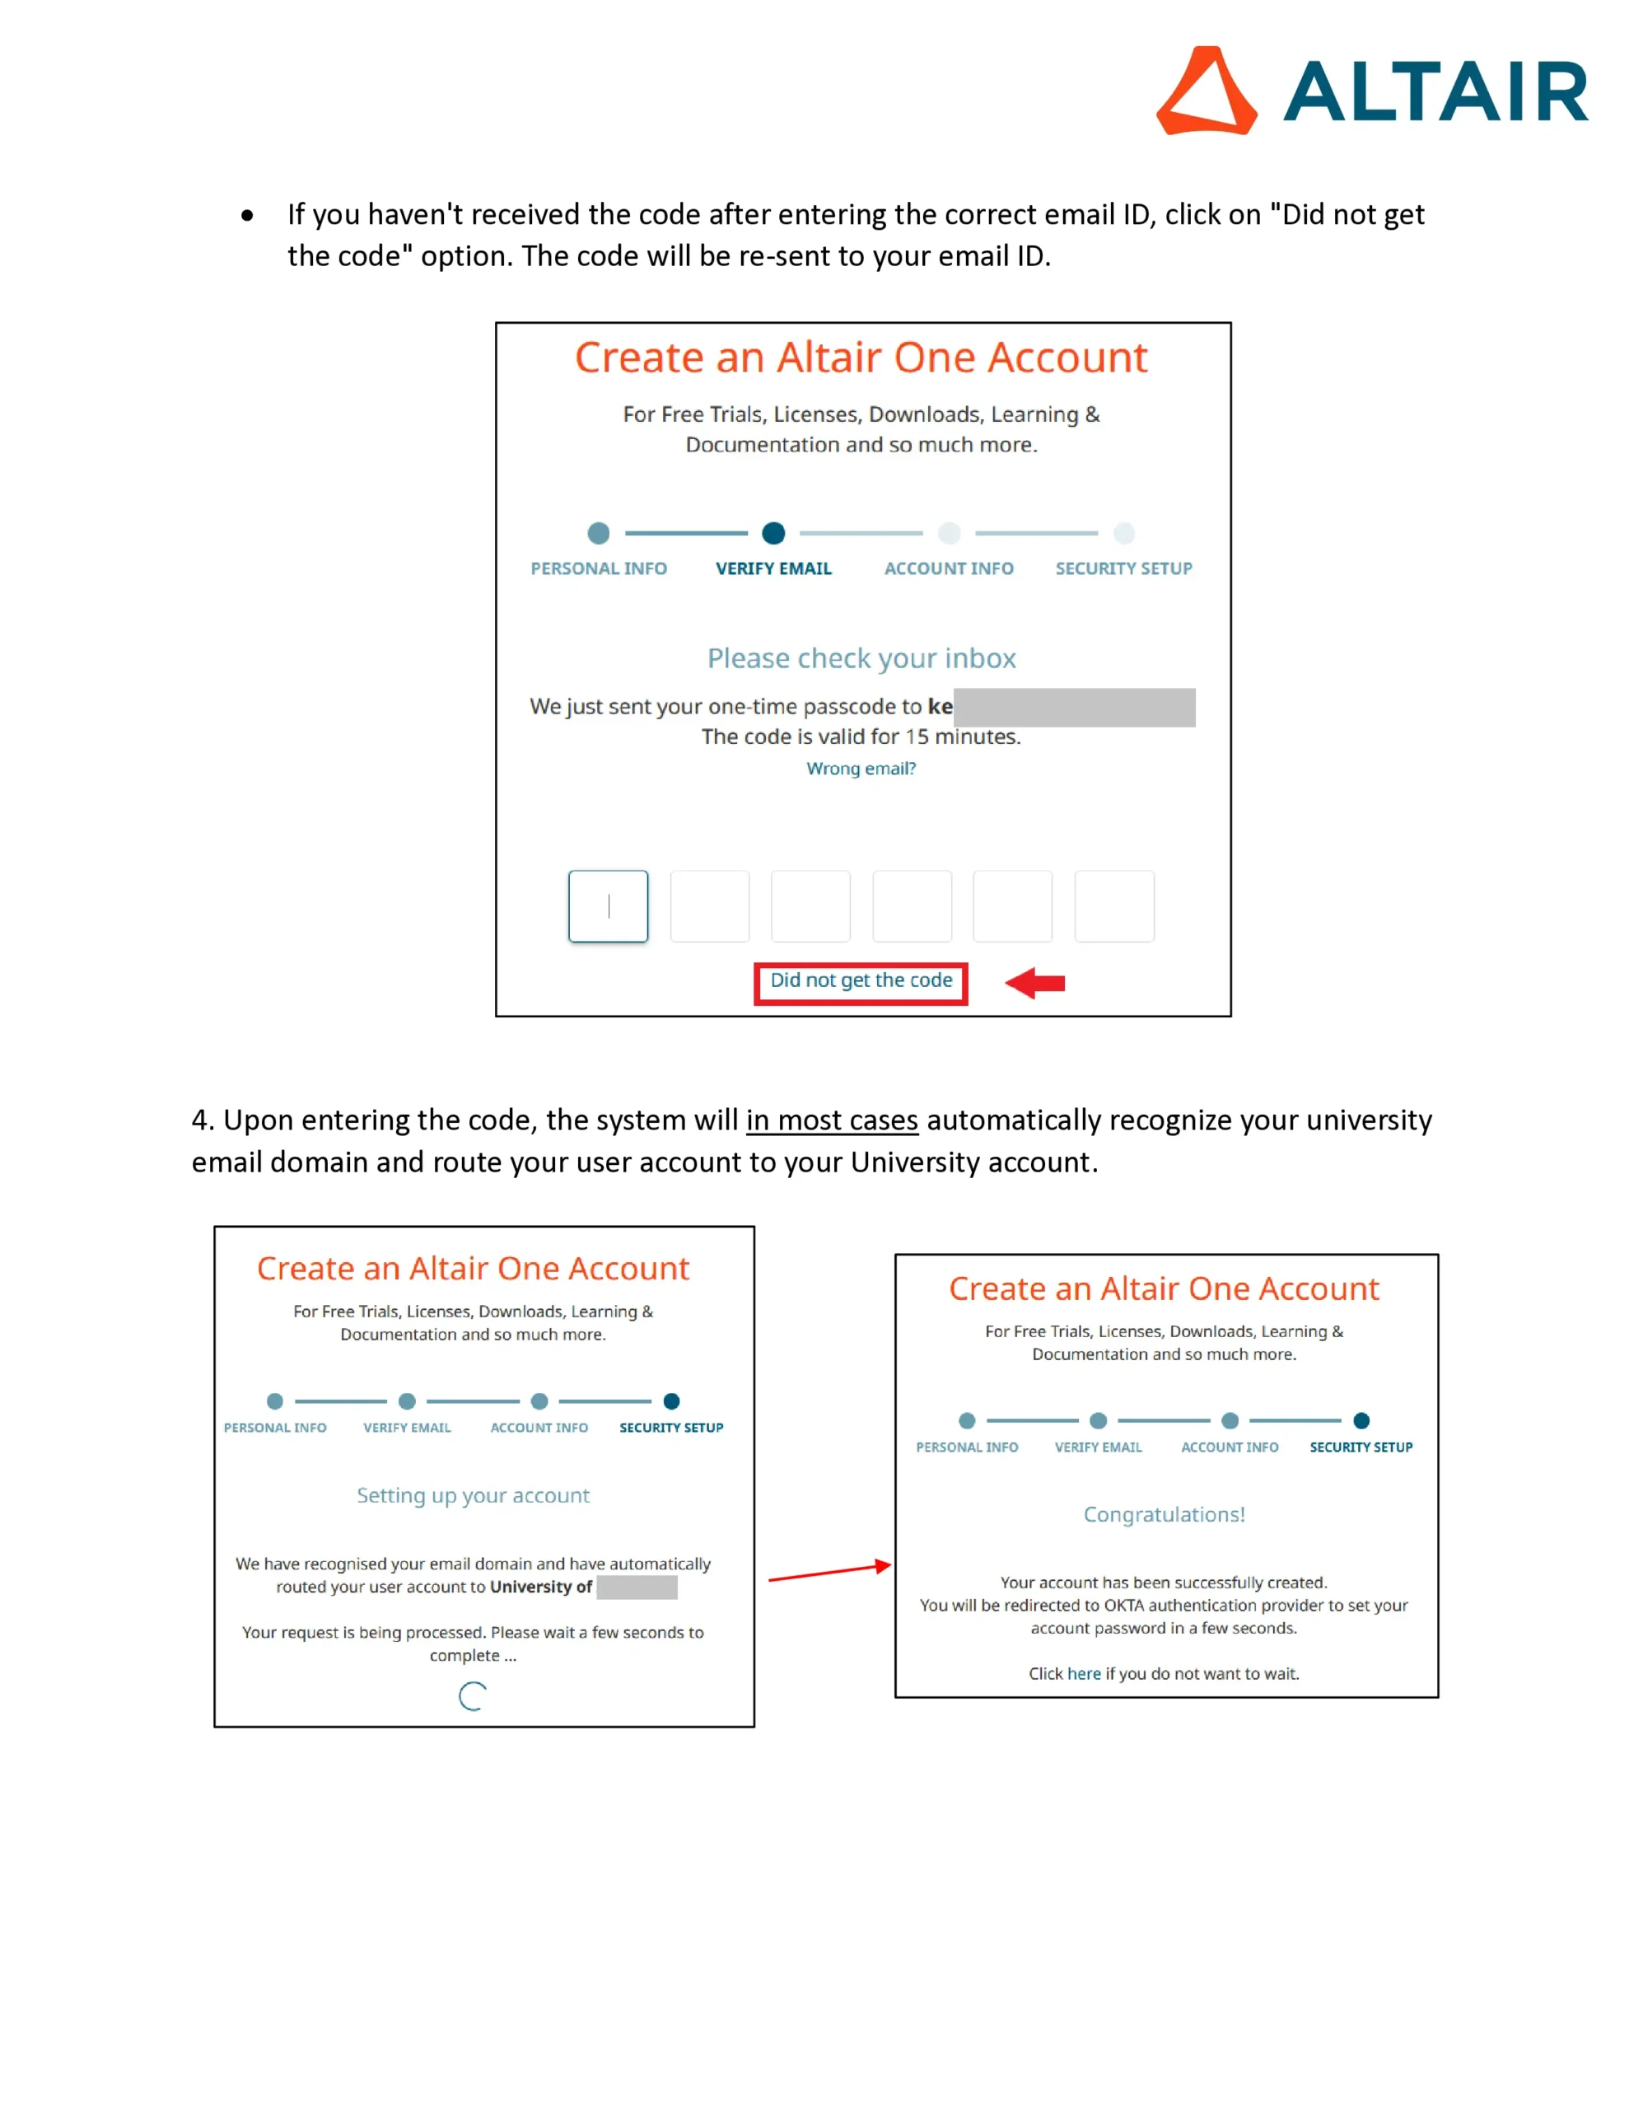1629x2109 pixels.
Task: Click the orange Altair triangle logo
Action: click(1206, 91)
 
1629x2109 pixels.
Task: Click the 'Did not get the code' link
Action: click(861, 980)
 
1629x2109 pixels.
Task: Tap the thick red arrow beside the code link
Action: click(1035, 983)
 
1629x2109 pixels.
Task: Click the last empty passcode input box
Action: click(1113, 905)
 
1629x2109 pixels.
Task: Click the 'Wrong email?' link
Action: click(861, 769)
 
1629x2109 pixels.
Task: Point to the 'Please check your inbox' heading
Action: click(861, 658)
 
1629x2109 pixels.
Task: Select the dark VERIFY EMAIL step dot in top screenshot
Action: click(773, 533)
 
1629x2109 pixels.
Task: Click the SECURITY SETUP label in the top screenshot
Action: click(1123, 568)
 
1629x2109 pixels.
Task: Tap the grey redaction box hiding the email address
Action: click(1074, 708)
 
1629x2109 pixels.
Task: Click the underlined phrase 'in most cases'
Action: click(832, 1120)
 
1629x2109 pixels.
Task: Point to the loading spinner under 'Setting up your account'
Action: click(472, 1695)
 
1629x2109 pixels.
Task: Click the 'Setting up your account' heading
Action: click(472, 1495)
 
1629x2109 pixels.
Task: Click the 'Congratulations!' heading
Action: click(1164, 1514)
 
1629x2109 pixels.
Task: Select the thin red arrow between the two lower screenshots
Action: click(829, 1572)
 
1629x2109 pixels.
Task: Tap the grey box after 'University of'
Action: click(637, 1587)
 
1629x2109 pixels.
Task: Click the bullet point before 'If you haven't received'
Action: click(248, 215)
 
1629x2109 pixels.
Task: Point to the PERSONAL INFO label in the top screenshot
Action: click(599, 568)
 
